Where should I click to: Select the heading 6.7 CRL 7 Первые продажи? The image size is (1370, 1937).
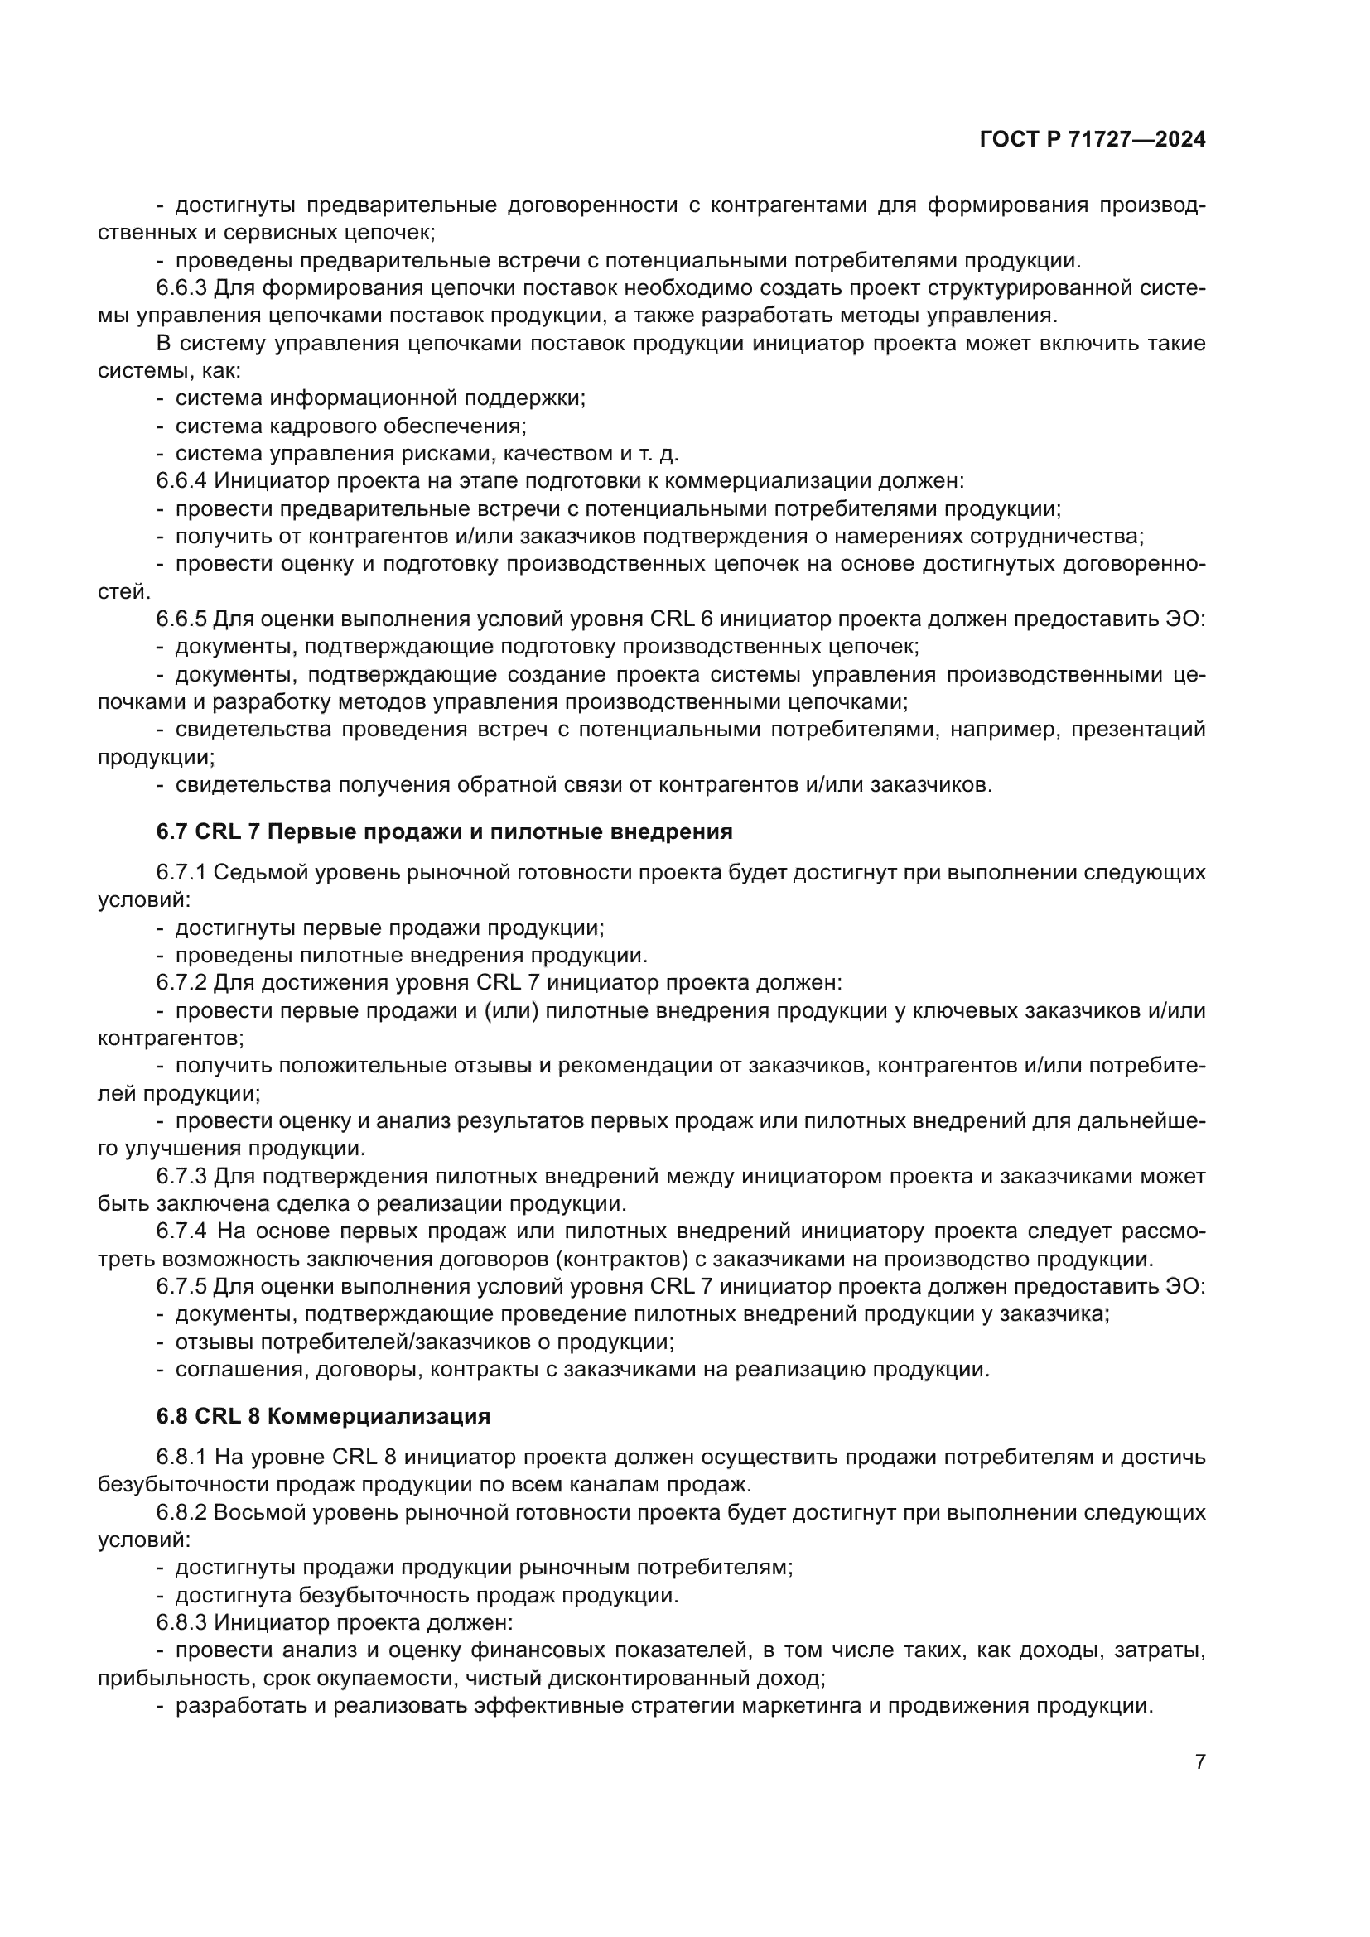tap(444, 831)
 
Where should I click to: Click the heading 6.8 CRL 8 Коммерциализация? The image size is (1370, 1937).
tap(323, 1415)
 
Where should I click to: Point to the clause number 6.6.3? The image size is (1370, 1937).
tap(181, 287)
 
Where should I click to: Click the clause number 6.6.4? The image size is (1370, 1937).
tap(181, 481)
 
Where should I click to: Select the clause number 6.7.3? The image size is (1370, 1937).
tap(181, 1175)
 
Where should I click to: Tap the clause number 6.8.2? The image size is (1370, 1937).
tap(181, 1512)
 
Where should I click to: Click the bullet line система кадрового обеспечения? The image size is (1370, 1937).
tap(350, 426)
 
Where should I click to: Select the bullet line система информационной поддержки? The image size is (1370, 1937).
tap(379, 398)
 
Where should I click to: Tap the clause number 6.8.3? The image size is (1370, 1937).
tap(181, 1622)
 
